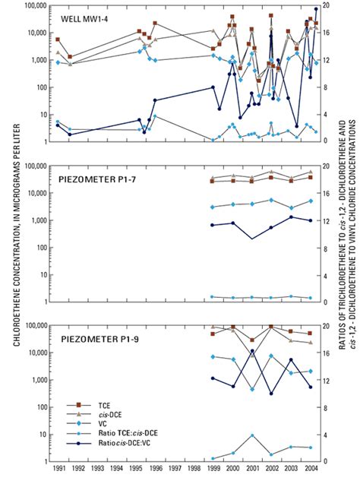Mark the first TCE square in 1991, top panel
pyautogui.click(x=58, y=40)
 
